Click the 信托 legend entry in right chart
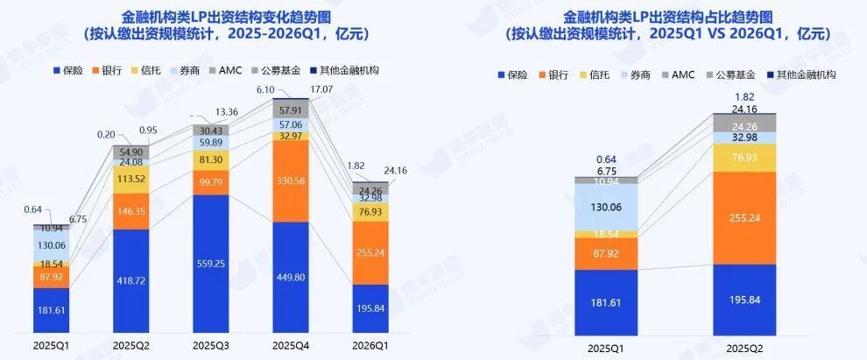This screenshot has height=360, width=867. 600,74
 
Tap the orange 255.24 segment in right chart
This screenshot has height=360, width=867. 751,217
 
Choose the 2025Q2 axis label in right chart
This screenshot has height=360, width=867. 751,348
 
